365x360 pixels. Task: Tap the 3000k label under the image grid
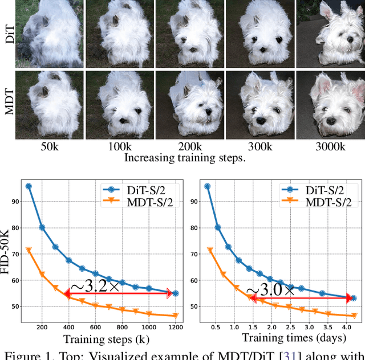pos(331,146)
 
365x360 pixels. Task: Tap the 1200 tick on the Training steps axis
pos(175,328)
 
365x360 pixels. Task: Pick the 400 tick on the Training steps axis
pos(68,328)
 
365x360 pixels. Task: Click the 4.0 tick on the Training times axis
pos(346,328)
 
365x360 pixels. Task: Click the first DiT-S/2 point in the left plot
pos(29,186)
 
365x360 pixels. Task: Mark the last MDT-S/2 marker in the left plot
pos(175,316)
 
